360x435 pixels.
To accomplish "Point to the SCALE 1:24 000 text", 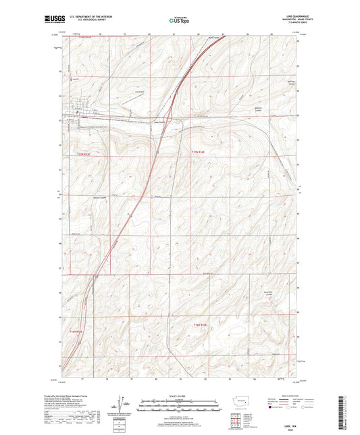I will (180, 396).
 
